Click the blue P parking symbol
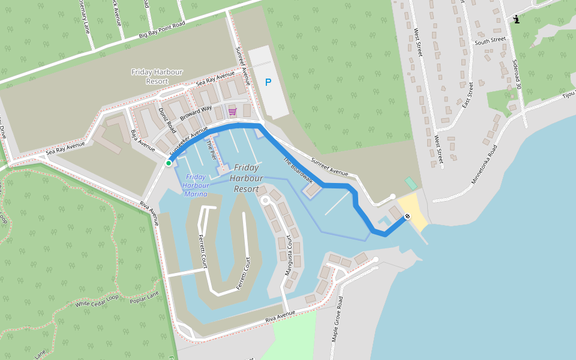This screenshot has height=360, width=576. point(268,82)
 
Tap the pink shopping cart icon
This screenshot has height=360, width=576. point(232,112)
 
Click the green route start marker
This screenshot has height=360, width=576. point(169,163)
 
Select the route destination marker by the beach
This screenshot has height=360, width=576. point(407,216)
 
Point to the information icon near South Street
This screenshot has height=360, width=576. point(516,19)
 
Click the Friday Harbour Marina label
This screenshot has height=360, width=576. point(196,185)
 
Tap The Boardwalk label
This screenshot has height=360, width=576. point(298,170)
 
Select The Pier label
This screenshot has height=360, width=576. point(211,149)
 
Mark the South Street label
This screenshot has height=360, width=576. point(490,41)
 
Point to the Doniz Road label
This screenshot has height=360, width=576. point(167,121)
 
